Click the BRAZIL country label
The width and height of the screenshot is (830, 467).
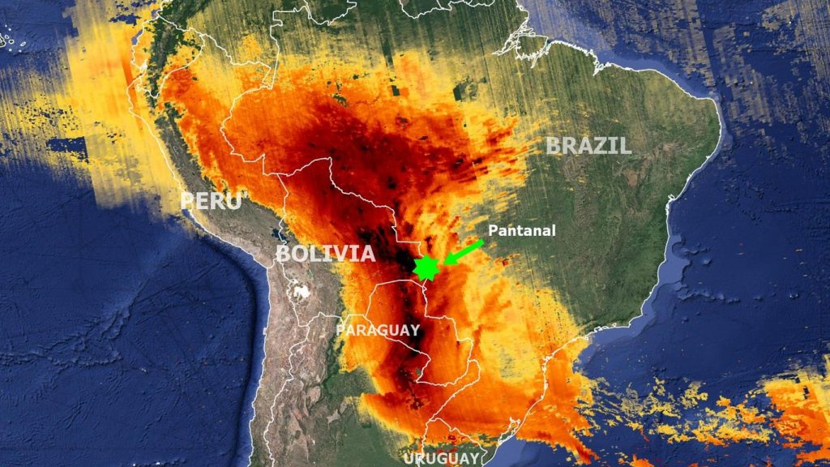pyautogui.click(x=588, y=146)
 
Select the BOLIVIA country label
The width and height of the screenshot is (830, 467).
pyautogui.click(x=325, y=254)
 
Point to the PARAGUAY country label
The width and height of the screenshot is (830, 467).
pyautogui.click(x=378, y=330)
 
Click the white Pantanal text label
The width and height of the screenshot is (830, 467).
pyautogui.click(x=521, y=230)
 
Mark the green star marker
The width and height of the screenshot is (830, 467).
pyautogui.click(x=426, y=268)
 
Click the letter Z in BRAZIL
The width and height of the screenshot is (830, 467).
pyautogui.click(x=603, y=146)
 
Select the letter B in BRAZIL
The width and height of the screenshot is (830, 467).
pyautogui.click(x=554, y=146)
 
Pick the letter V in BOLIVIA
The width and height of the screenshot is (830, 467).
pyautogui.click(x=340, y=254)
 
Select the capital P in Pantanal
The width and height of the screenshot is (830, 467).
pyautogui.click(x=491, y=230)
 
